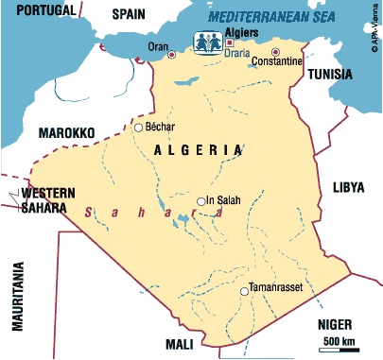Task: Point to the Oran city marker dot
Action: pyautogui.click(x=171, y=56)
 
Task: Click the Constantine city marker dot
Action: pyautogui.click(x=276, y=52)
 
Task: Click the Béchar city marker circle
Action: pyautogui.click(x=138, y=128)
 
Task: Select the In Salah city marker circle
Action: pyautogui.click(x=200, y=200)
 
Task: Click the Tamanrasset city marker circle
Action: pyautogui.click(x=243, y=292)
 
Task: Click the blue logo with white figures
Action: pyautogui.click(x=208, y=43)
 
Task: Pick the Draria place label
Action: pyautogui.click(x=235, y=54)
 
